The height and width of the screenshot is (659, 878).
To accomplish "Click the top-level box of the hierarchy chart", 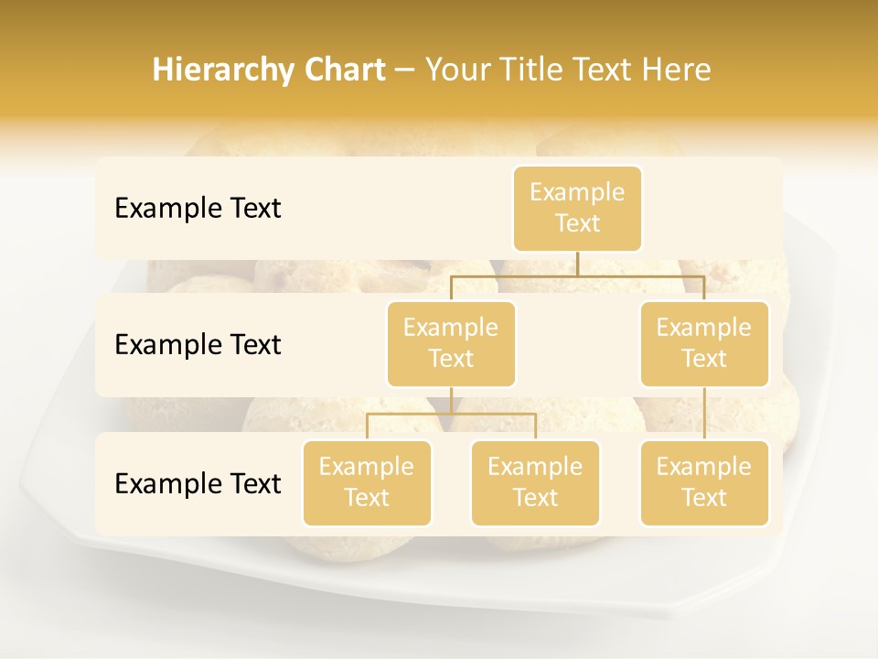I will tap(577, 208).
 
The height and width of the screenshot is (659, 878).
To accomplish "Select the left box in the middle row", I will tap(451, 343).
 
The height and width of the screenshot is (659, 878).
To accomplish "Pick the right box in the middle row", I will tap(704, 343).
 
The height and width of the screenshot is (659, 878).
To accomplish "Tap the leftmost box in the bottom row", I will tap(367, 482).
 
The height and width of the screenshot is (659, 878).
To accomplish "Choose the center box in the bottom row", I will tap(535, 482).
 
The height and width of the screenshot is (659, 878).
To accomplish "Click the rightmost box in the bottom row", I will tap(704, 482).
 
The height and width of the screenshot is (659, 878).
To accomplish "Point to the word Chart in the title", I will tap(339, 70).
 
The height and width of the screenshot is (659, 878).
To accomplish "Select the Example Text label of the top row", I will tap(198, 209).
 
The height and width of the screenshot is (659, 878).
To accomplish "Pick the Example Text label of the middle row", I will tap(198, 345).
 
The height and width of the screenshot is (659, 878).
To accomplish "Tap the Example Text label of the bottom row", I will tap(198, 484).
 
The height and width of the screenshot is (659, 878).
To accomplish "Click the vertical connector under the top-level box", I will tap(577, 264).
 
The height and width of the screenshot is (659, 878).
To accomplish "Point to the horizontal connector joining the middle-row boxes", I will tap(577, 275).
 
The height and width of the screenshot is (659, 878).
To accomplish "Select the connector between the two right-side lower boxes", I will tap(704, 414).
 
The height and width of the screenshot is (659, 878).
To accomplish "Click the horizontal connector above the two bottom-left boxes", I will tap(451, 414).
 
